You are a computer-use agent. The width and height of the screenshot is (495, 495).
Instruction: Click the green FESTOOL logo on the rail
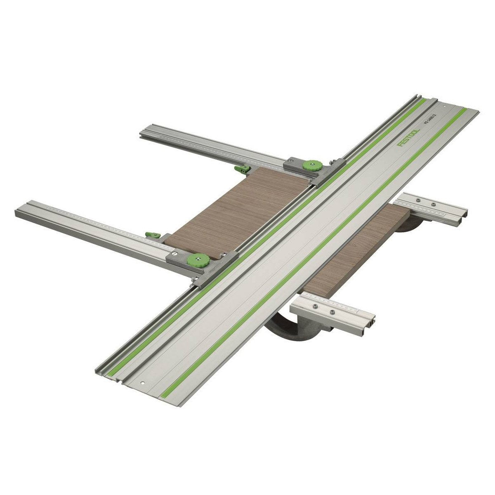408,137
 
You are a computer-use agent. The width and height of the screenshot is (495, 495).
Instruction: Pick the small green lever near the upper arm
242,168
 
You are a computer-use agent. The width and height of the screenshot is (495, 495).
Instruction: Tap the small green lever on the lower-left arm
152,235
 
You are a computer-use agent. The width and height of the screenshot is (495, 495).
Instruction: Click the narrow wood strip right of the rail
355,252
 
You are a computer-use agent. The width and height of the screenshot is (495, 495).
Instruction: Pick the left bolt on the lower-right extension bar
315,306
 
